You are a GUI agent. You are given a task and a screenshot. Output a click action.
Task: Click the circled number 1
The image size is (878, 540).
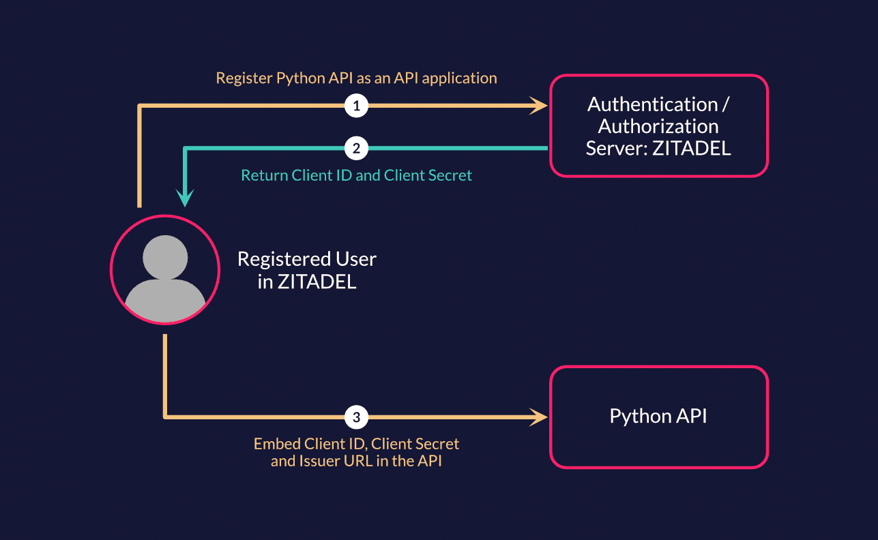click(356, 106)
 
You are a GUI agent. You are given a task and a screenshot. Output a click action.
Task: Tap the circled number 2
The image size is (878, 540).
click(356, 147)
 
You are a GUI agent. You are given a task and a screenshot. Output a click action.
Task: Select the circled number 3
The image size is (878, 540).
click(356, 416)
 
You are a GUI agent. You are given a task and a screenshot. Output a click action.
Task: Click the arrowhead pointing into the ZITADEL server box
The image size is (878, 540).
click(540, 106)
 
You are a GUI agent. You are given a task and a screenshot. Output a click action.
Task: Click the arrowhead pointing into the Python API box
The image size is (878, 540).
click(540, 416)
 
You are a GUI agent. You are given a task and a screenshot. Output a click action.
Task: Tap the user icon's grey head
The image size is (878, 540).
click(165, 257)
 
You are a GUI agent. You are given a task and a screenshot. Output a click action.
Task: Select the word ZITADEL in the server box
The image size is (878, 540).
click(692, 149)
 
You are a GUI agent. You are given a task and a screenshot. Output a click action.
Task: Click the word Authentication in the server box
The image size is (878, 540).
click(652, 104)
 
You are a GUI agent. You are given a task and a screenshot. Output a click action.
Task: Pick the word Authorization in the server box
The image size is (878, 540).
click(658, 126)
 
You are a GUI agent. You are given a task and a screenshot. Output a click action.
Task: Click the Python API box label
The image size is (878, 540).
click(658, 417)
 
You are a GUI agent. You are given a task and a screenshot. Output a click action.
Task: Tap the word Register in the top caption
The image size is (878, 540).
click(244, 78)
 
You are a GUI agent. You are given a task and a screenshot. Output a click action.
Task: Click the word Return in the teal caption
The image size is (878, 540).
click(265, 175)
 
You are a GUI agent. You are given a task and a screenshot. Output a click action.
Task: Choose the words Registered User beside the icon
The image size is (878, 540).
click(307, 259)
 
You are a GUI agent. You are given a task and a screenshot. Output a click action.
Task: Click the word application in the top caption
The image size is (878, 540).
click(459, 78)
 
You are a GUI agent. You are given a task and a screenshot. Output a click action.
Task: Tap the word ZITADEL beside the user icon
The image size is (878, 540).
click(317, 282)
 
